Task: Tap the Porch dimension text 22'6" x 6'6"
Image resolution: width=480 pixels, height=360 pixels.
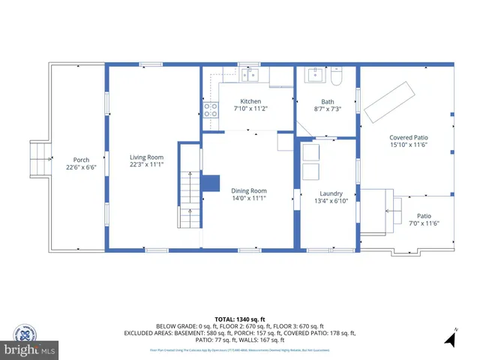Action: point(81,167)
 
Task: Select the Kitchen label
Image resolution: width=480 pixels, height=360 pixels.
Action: point(250,101)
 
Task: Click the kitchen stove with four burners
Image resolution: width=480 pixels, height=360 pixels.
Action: point(211,112)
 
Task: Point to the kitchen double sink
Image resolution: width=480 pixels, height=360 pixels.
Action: point(249,74)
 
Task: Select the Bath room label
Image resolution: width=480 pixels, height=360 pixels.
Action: point(328,102)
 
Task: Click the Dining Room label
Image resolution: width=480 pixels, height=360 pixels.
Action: point(248,190)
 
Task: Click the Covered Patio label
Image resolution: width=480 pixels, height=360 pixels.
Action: point(408,137)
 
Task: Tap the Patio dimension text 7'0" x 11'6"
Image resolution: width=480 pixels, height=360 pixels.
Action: point(424,223)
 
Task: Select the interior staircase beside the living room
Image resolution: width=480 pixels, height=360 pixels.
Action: point(189,199)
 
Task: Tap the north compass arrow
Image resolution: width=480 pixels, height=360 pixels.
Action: point(450,339)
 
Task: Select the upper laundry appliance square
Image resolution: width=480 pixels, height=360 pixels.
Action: point(310,151)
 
